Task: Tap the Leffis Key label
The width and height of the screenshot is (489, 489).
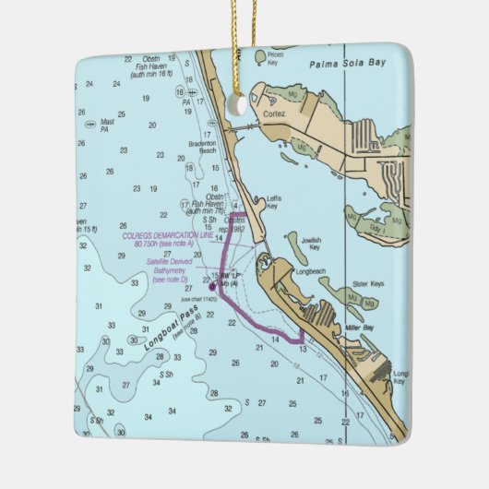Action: click(x=273, y=203)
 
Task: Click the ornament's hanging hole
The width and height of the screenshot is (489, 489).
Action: click(x=239, y=105)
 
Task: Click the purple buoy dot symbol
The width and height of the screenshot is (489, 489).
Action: click(x=211, y=287)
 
